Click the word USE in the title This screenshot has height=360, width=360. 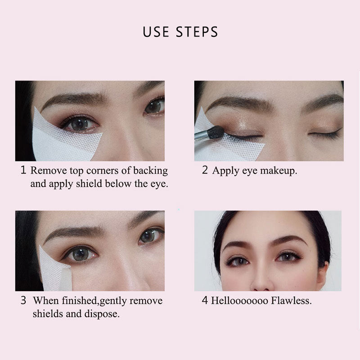click(x=155, y=32)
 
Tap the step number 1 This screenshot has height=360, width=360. click(x=23, y=171)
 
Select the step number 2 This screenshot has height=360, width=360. click(x=205, y=171)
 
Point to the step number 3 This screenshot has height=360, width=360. click(x=23, y=301)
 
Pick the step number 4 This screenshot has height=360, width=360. click(x=205, y=301)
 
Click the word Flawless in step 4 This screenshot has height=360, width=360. click(x=291, y=301)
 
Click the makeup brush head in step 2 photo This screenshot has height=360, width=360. click(x=216, y=132)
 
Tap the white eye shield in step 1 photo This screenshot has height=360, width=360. click(x=58, y=139)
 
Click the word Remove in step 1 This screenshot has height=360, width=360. click(x=48, y=171)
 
